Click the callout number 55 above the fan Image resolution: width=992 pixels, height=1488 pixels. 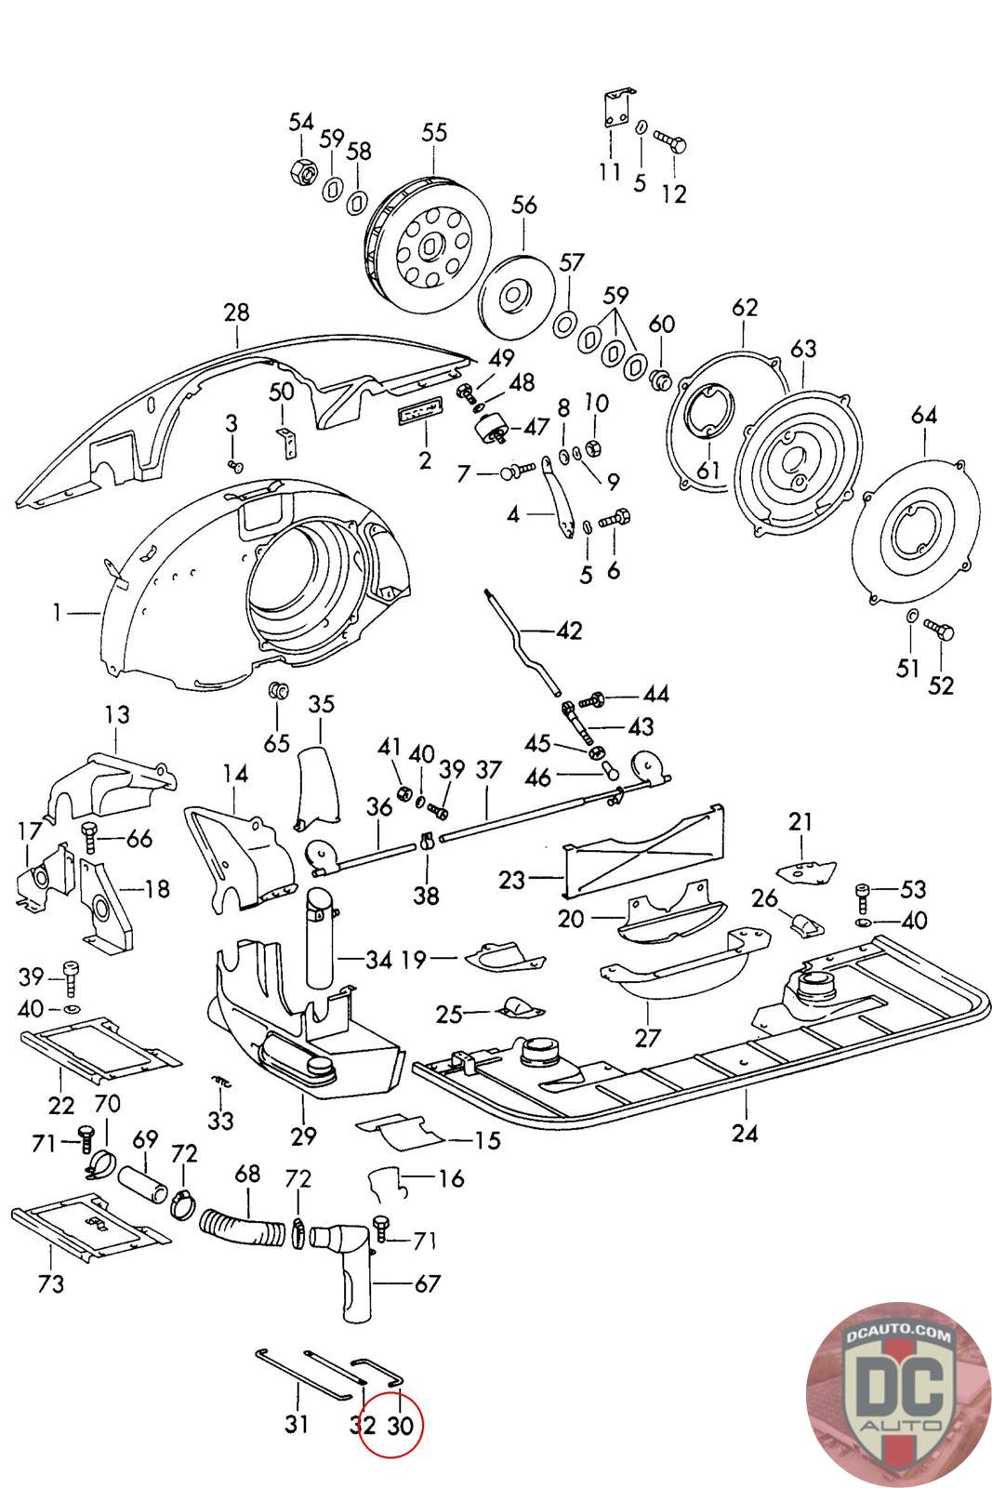[x=434, y=132]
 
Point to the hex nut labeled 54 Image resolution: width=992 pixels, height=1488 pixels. [x=302, y=171]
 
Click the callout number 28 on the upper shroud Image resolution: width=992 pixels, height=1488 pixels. [x=236, y=312]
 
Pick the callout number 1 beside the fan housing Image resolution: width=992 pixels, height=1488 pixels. [x=58, y=612]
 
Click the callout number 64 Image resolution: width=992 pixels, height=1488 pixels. [x=923, y=415]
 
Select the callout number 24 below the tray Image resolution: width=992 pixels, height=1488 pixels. [x=745, y=1133]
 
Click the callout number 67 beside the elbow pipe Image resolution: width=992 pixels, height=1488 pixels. [x=429, y=1284]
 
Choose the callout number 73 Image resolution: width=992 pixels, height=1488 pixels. [x=50, y=1284]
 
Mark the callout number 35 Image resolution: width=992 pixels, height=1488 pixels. [x=322, y=703]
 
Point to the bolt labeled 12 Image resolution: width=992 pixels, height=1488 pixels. [x=669, y=140]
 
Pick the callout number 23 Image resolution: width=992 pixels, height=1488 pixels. [x=512, y=880]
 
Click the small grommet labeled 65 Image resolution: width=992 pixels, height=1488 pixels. [x=278, y=692]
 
